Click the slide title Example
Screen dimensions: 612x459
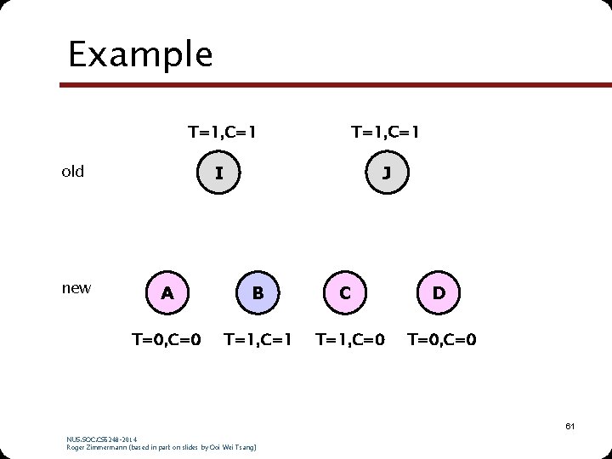pos(140,54)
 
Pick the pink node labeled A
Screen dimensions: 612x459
pos(167,293)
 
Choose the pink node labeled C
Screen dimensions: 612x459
pos(345,293)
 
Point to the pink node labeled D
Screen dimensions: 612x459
pos(439,293)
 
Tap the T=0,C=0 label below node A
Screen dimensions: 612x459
pos(167,340)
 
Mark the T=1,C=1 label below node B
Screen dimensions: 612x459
pos(258,340)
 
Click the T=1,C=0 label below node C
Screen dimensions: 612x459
pos(350,340)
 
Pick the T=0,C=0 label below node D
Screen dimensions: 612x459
pos(442,340)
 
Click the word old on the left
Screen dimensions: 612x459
pos(73,172)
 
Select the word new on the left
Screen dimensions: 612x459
pos(76,288)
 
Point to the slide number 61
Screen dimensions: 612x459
pos(569,425)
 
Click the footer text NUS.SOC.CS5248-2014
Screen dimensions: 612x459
pos(101,439)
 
